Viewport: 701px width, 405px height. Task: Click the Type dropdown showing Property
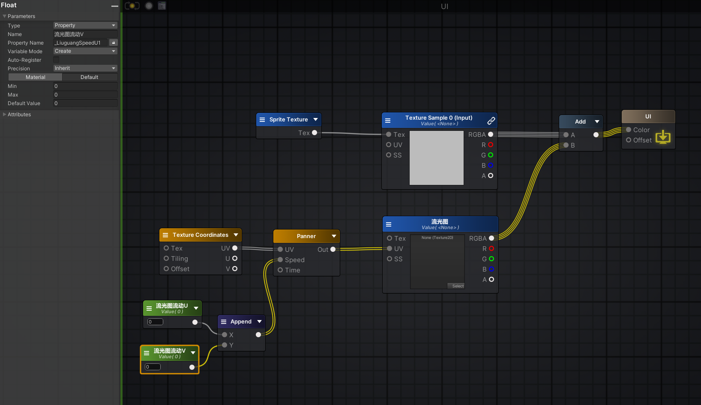point(85,25)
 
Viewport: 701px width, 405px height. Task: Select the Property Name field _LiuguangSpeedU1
point(81,42)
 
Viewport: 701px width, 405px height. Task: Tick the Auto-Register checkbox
point(56,60)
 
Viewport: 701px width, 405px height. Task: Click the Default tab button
point(89,77)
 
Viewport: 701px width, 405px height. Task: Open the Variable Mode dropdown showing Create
point(85,51)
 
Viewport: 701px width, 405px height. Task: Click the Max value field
point(85,94)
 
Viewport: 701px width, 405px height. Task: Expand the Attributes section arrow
point(4,114)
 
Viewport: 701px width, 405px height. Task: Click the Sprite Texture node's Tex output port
point(315,133)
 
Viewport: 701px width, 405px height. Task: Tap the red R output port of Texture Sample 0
point(491,145)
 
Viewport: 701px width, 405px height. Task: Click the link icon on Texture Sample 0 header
point(491,121)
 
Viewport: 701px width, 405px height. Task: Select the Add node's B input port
point(566,145)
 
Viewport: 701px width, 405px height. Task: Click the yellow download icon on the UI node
point(663,137)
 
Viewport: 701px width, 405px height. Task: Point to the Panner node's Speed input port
point(280,260)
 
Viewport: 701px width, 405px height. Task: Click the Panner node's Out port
point(333,249)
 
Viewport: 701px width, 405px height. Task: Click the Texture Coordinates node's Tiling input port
point(166,258)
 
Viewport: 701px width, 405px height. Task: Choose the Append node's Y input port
point(225,345)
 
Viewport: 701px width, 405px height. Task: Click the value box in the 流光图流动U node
point(155,322)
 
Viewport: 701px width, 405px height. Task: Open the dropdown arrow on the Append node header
point(259,321)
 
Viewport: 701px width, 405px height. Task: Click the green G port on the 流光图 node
point(491,259)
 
